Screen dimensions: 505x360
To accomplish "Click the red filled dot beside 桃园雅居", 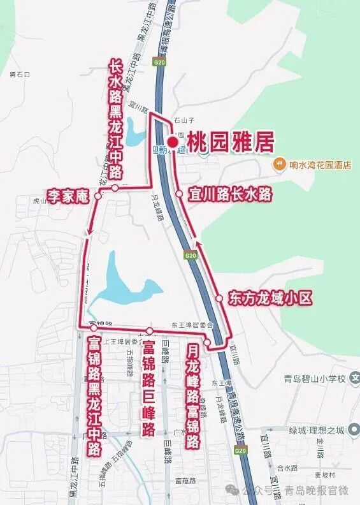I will coord(172,142).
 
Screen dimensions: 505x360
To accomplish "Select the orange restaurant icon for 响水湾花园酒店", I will coord(279,165).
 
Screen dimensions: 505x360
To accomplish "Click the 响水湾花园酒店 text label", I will coord(320,165).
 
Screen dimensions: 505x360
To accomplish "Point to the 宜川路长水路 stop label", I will coord(230,193).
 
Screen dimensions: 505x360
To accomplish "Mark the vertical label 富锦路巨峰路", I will coord(149,388).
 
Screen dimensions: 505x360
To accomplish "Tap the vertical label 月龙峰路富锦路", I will coord(193,397).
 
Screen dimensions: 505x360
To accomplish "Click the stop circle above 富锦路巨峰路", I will coord(150,330).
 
